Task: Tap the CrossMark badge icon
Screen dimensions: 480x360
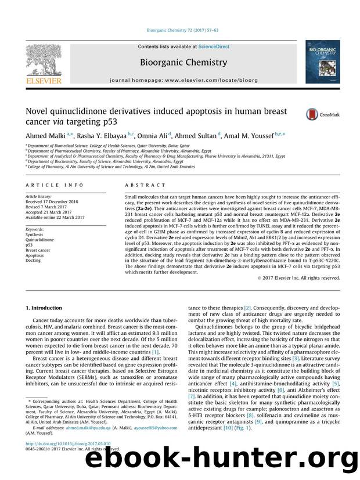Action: (x=313, y=114)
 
